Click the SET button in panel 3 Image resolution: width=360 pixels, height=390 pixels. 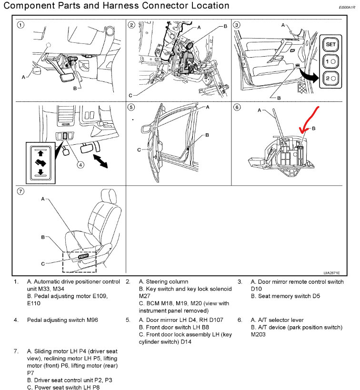(x=330, y=44)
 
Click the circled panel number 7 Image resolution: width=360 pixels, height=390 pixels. (x=20, y=192)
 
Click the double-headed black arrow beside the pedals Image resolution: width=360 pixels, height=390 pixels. (x=100, y=160)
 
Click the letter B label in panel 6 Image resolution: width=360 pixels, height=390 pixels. (x=314, y=129)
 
